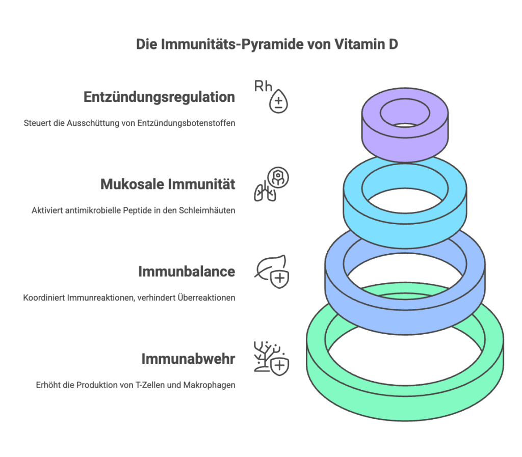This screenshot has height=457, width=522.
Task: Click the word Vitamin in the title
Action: [x=357, y=44]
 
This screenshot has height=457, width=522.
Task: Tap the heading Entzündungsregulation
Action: [x=159, y=97]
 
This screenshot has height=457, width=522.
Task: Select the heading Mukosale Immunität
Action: [x=168, y=184]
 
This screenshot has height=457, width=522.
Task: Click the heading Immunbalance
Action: [x=187, y=272]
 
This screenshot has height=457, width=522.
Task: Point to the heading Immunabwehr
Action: [x=188, y=359]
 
